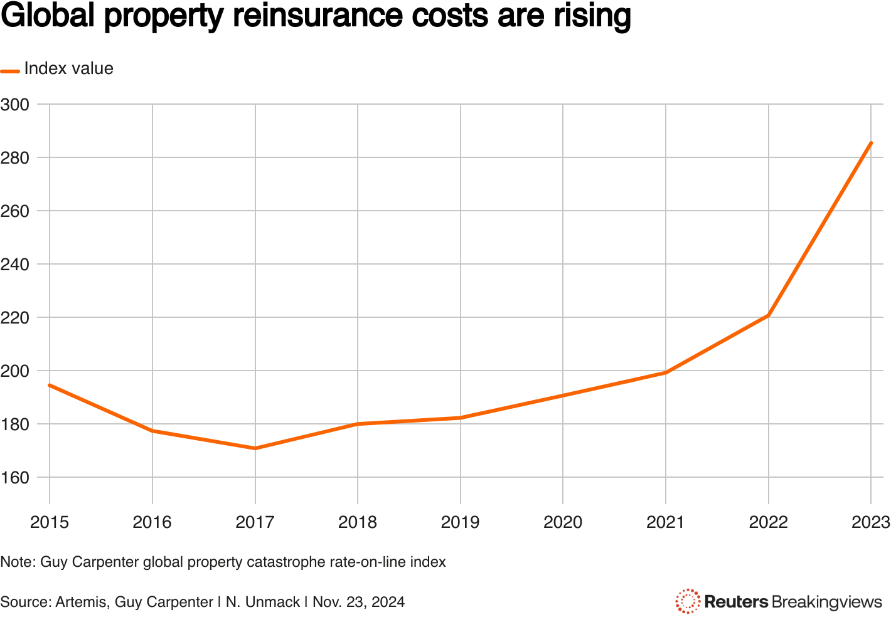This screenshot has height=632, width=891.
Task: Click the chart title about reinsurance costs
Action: (x=316, y=17)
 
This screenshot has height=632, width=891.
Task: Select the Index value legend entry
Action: (x=68, y=68)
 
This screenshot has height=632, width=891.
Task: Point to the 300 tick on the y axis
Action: (x=15, y=104)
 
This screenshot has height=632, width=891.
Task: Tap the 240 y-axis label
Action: (x=15, y=264)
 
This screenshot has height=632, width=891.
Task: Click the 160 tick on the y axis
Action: (x=15, y=478)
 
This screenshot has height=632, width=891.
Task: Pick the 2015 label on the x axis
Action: (x=50, y=522)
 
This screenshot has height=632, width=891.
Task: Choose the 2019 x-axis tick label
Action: (x=460, y=522)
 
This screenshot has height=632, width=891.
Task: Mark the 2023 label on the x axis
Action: (x=870, y=522)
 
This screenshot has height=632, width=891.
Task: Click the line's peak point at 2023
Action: (x=871, y=143)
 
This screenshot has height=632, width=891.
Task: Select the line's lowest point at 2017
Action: (x=255, y=448)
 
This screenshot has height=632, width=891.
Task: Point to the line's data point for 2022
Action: (x=768, y=315)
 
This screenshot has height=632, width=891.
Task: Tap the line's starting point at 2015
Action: (x=50, y=385)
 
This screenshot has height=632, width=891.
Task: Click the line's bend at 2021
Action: (x=665, y=373)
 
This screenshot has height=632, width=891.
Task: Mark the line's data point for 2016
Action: (x=152, y=431)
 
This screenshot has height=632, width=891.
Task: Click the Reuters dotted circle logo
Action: (x=688, y=601)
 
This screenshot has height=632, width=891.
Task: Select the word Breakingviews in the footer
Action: (x=826, y=602)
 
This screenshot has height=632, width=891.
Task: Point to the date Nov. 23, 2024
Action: (x=358, y=603)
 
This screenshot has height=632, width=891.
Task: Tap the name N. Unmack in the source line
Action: (x=263, y=603)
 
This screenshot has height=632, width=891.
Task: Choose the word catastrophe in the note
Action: (x=282, y=562)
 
